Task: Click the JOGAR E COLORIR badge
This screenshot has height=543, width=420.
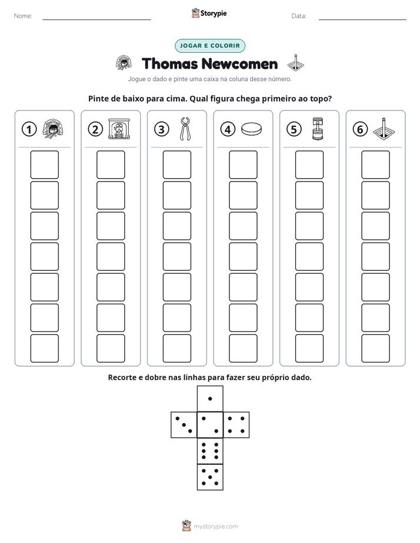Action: click(209, 46)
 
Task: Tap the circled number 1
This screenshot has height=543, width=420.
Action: click(29, 129)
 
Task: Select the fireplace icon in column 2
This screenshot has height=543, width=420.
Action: click(119, 129)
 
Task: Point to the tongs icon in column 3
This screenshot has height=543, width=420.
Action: click(185, 129)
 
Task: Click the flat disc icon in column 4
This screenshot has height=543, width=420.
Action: click(251, 129)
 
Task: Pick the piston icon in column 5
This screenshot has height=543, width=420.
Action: click(318, 129)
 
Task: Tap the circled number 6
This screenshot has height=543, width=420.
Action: click(360, 129)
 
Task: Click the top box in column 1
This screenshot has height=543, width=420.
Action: click(44, 165)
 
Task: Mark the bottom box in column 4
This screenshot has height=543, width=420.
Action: click(243, 348)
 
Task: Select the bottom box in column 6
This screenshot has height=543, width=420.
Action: click(375, 348)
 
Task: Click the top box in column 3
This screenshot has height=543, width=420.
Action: click(176, 165)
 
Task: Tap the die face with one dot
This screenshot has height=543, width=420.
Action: click(210, 398)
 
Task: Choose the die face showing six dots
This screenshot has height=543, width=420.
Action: click(210, 451)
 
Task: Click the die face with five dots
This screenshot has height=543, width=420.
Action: click(210, 477)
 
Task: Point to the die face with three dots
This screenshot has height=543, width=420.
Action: click(184, 424)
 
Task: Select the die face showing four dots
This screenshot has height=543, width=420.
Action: click(236, 424)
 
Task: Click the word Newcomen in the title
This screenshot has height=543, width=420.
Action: click(239, 64)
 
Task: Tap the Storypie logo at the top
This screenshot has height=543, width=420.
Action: click(209, 13)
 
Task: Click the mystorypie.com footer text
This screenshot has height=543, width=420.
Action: click(215, 527)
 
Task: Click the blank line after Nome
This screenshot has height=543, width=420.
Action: click(96, 19)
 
